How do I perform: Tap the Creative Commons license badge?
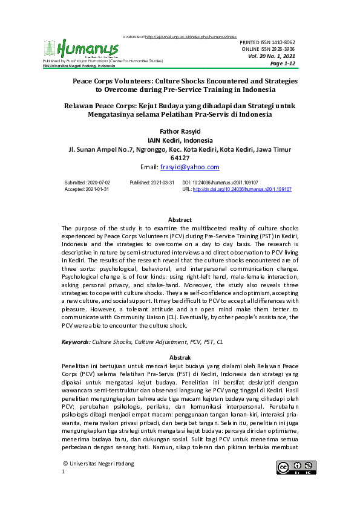click(x=296, y=467)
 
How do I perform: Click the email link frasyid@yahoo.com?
click(x=189, y=167)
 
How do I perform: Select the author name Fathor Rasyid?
click(x=180, y=130)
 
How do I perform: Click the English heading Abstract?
click(x=180, y=220)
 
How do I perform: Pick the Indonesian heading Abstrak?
click(x=180, y=357)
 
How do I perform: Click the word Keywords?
click(x=76, y=342)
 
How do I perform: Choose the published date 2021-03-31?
click(x=160, y=182)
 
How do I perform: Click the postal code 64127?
click(x=180, y=157)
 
